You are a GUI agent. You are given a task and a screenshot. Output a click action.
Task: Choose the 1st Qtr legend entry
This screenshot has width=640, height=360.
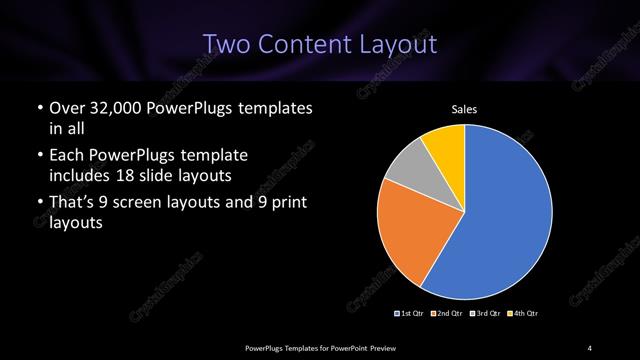point(409,314)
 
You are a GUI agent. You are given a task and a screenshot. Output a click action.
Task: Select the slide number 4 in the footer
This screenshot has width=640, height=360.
point(590,347)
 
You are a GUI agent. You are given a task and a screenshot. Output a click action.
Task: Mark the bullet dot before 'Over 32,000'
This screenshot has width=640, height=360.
point(40,108)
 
